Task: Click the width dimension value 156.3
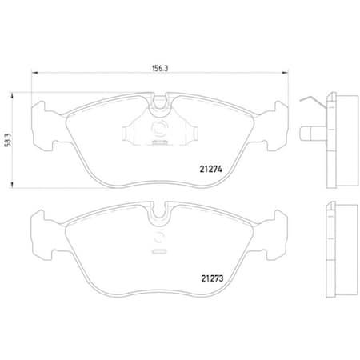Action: (x=159, y=69)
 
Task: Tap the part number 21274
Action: (x=210, y=169)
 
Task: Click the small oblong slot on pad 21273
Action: (x=160, y=250)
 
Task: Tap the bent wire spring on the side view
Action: (x=313, y=102)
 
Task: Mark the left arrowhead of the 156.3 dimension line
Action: (x=33, y=74)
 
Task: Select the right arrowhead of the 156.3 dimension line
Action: (x=286, y=74)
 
